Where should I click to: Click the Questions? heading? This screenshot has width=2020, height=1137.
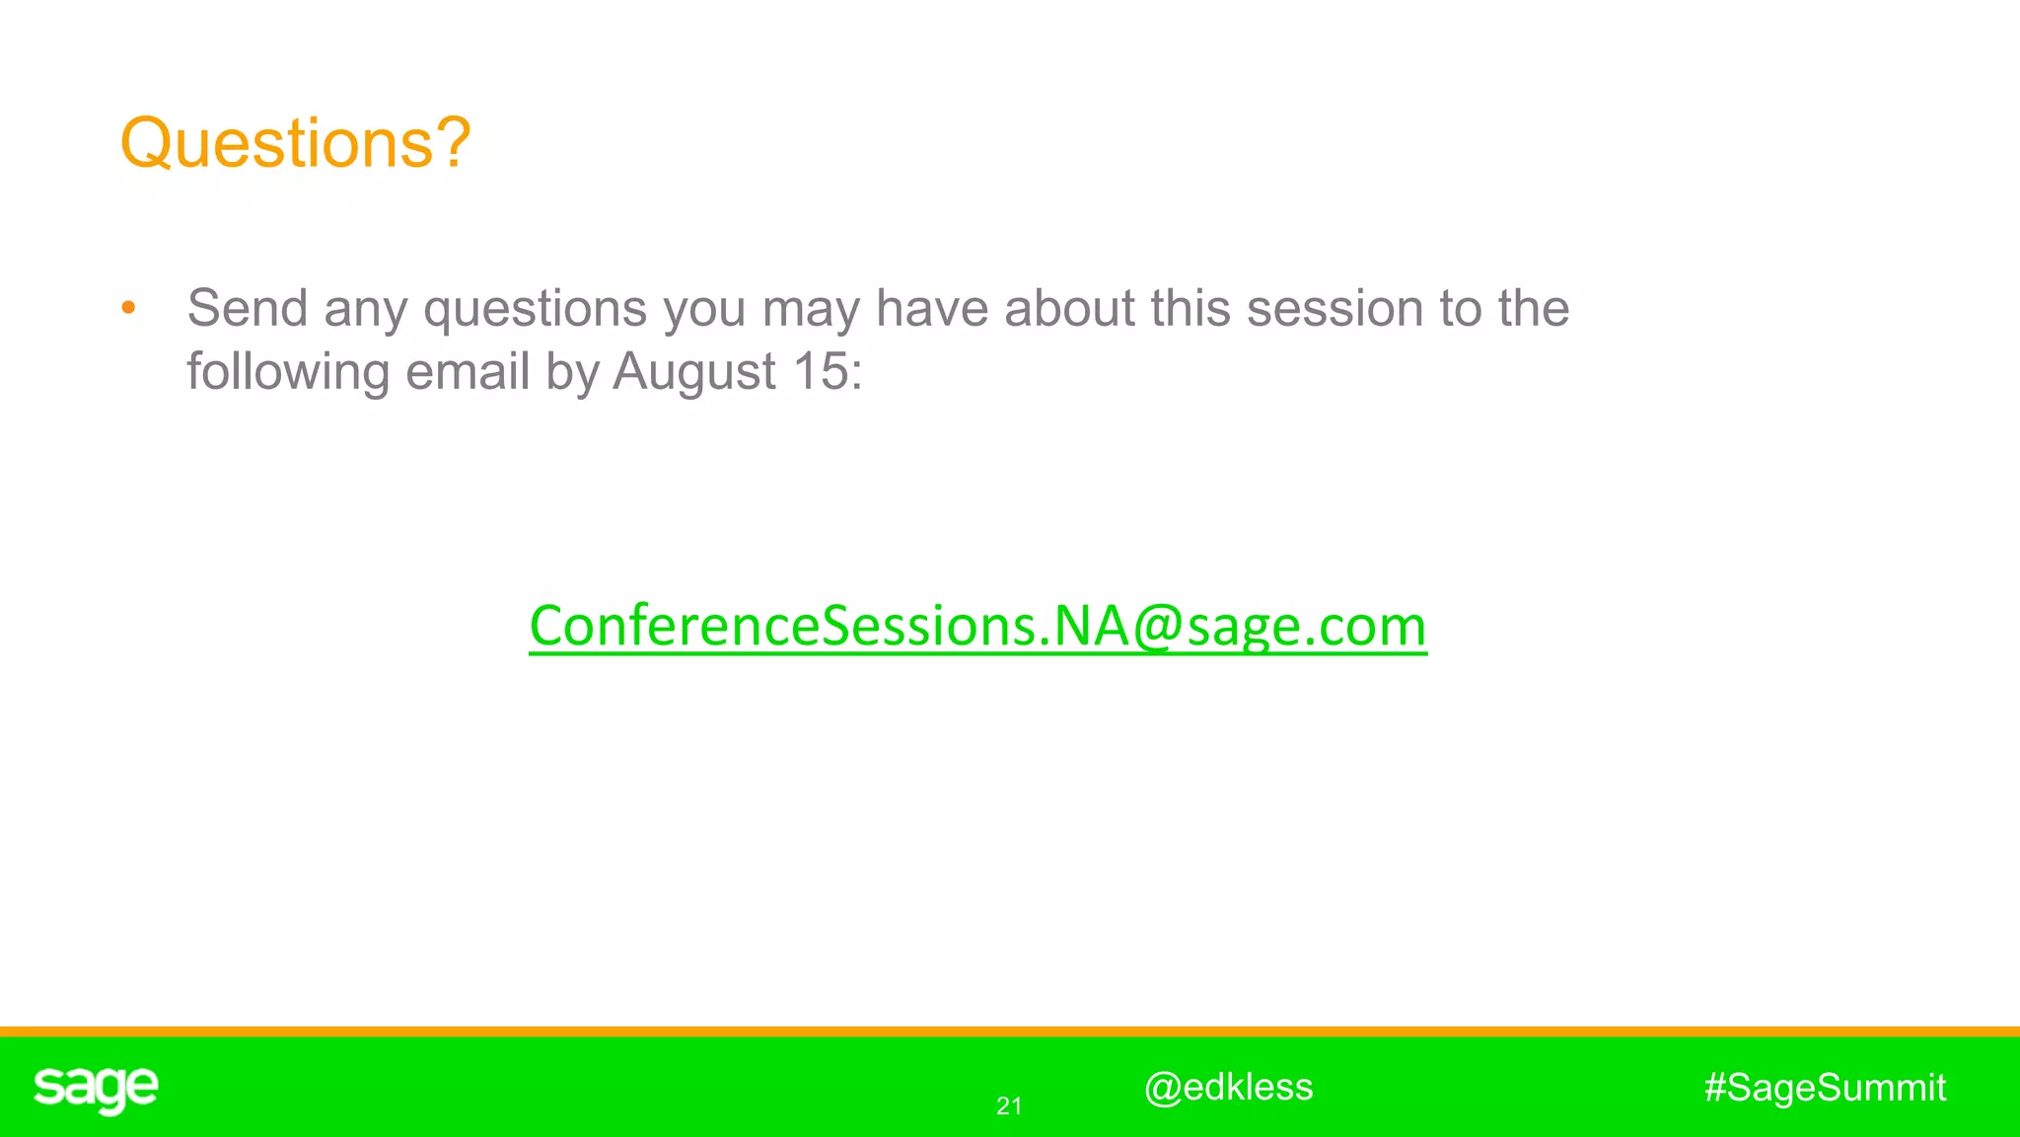click(x=295, y=144)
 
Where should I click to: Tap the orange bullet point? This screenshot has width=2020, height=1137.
click(x=128, y=309)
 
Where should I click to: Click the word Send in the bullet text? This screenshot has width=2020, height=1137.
click(x=248, y=309)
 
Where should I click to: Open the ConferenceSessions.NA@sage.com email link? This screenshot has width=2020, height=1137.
click(x=977, y=626)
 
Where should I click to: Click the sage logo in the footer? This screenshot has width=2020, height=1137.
click(x=96, y=1089)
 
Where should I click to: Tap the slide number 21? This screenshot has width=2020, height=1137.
click(x=1009, y=1106)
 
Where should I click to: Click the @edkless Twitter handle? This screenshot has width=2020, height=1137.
click(x=1228, y=1087)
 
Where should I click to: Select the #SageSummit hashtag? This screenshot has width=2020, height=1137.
click(x=1825, y=1088)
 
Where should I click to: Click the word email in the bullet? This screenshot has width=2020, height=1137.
click(x=468, y=372)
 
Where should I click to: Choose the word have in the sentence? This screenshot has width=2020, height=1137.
click(x=932, y=309)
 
